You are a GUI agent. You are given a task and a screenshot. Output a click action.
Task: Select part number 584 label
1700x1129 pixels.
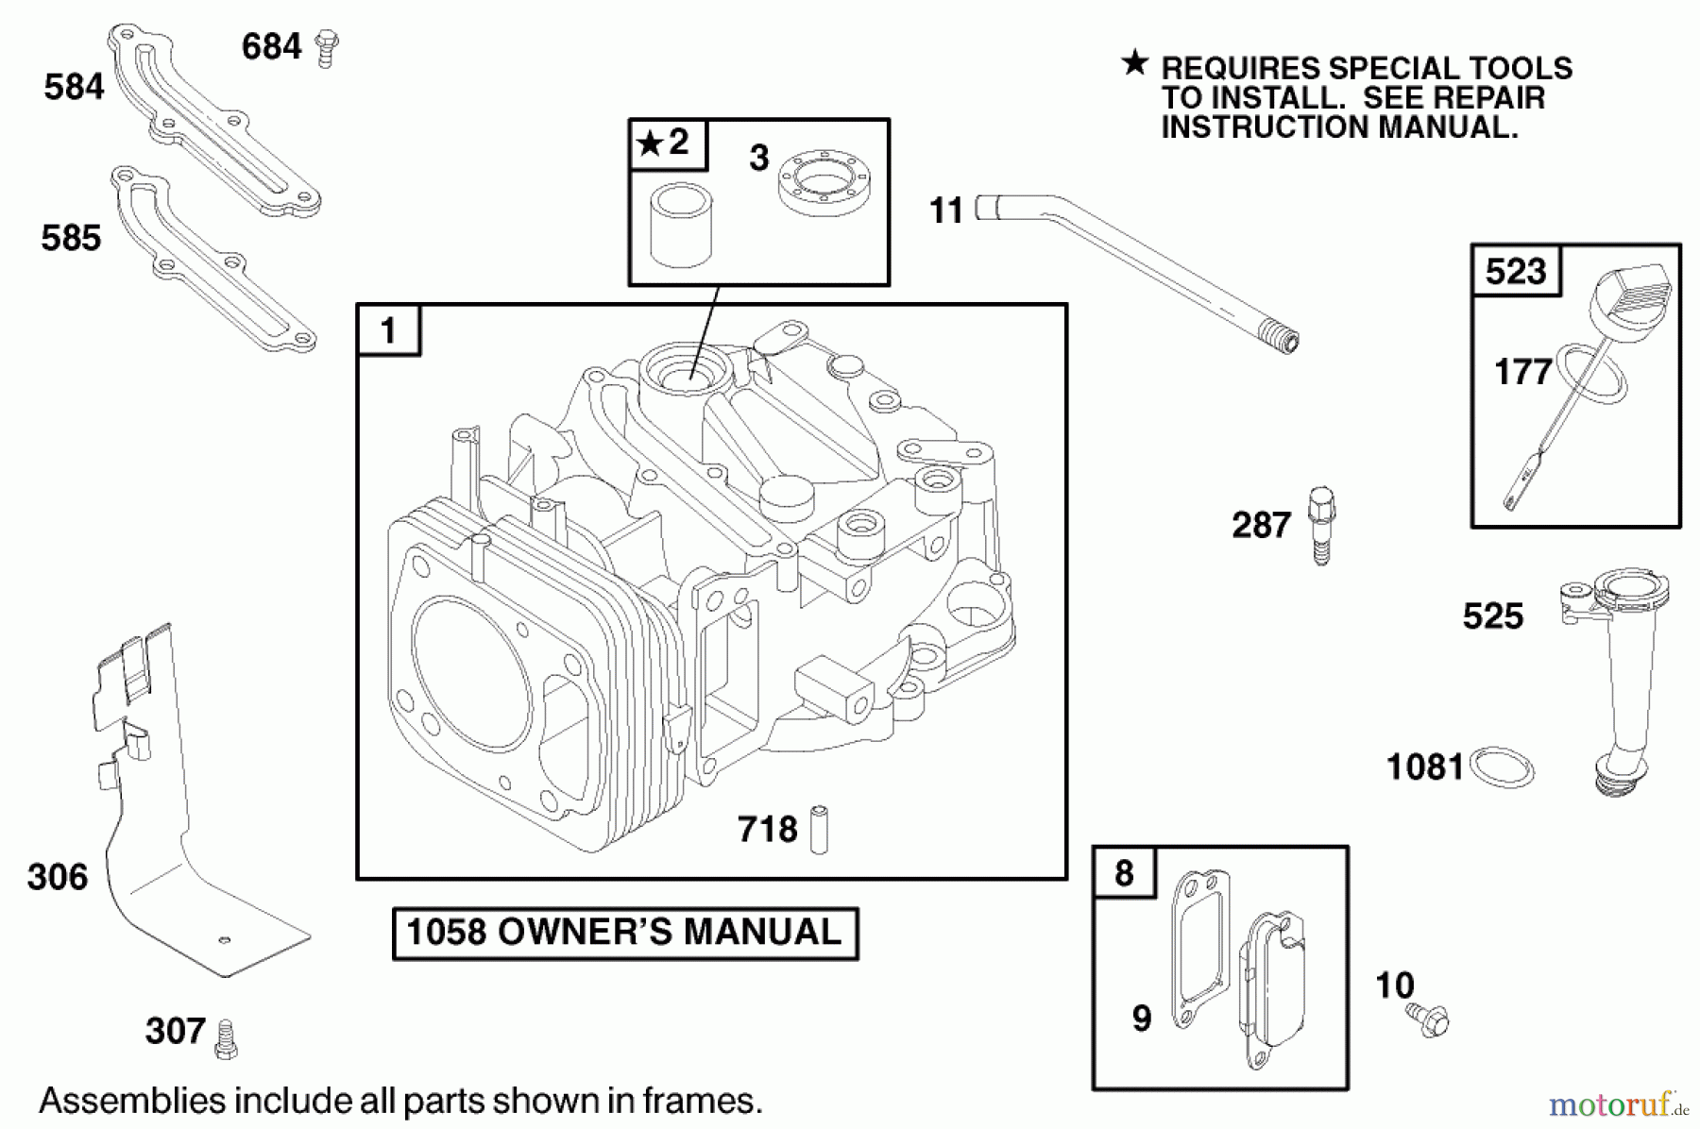(74, 87)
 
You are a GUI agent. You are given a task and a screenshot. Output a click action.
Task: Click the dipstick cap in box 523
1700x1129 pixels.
(1639, 294)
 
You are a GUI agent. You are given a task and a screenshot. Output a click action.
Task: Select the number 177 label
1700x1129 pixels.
(1522, 372)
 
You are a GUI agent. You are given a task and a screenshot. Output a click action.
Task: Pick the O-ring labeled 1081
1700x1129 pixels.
(1503, 767)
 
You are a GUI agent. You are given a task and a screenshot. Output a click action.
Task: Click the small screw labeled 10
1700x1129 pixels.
(1428, 1019)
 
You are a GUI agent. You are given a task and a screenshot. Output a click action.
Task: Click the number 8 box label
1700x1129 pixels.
(1124, 872)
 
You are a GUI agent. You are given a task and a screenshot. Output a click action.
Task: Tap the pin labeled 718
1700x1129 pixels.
(819, 830)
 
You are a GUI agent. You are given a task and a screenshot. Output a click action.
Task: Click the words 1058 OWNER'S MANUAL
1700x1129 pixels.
(624, 933)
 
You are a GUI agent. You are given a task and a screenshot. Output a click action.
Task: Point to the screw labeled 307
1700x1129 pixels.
(226, 1038)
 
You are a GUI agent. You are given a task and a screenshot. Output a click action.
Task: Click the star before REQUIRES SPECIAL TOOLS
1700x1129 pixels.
(1134, 64)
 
